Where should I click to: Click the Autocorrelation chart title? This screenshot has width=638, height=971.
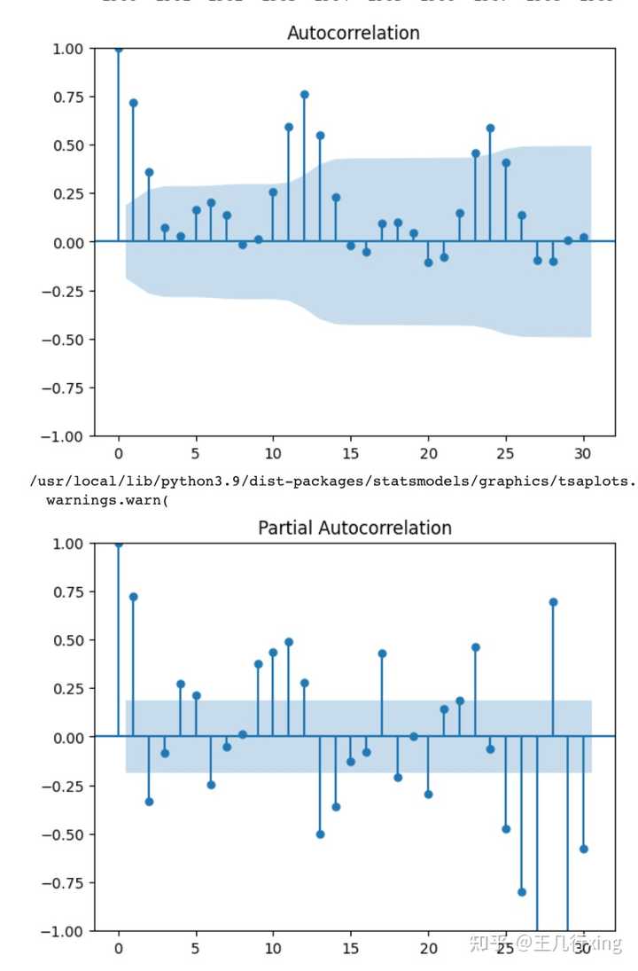[x=353, y=33]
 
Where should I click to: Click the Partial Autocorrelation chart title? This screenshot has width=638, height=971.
[x=354, y=528]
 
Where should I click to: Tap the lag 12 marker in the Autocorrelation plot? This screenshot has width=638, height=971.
[x=304, y=94]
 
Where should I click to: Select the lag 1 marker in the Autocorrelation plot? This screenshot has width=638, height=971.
[x=134, y=103]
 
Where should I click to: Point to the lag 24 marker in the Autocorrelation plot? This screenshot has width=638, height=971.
[x=490, y=128]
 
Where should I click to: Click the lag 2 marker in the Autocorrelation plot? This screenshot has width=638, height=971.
[x=149, y=172]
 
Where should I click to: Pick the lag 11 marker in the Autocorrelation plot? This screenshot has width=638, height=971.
[x=289, y=127]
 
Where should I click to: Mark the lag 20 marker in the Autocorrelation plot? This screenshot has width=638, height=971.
[x=428, y=262]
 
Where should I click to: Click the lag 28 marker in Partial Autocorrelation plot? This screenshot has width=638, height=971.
[x=553, y=602]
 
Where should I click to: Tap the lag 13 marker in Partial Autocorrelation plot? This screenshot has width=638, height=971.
[x=320, y=834]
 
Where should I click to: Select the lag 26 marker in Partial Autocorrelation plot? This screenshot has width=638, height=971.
[x=522, y=892]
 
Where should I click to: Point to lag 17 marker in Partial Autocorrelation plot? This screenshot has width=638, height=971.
[x=382, y=654]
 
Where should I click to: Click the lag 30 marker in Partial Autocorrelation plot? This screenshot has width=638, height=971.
[x=584, y=849]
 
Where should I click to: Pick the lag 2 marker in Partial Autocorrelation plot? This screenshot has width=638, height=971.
[x=149, y=802]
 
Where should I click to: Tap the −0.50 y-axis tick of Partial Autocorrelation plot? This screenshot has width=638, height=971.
[x=66, y=834]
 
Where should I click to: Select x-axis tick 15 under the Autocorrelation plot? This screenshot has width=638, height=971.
[x=351, y=454]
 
